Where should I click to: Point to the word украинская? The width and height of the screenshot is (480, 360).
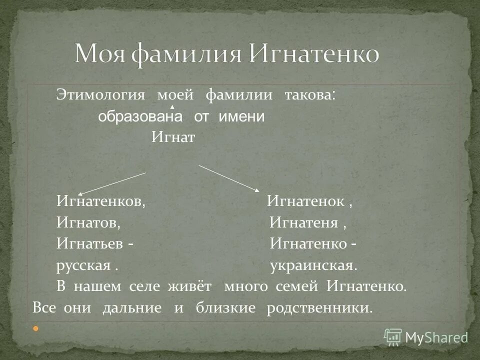point(313,265)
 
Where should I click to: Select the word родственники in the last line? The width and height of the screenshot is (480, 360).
point(319,307)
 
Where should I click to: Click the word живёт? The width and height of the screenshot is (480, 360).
point(194,287)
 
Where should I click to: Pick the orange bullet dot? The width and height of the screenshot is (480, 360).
point(35,328)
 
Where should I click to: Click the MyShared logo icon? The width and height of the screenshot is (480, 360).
point(393,336)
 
